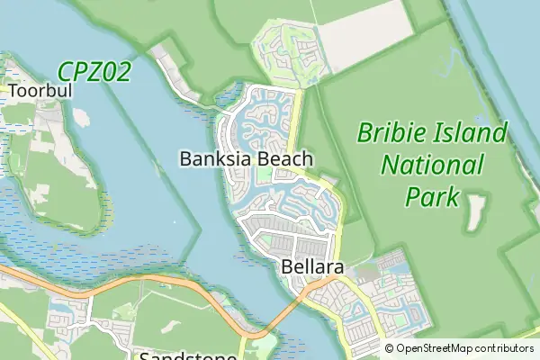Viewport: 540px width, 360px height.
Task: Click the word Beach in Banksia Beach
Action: pos(285,159)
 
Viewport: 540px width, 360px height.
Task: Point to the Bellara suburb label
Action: pos(311,266)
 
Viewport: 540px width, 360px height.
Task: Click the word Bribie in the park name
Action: pos(388,135)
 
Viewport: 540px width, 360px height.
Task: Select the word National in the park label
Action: pos(432,166)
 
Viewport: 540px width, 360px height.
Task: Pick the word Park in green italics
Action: pos(432,195)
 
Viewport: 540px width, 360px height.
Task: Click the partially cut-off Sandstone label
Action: pos(188,355)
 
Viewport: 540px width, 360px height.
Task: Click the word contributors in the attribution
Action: pos(506,348)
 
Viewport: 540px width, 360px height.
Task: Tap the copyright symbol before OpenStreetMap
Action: pos(390,348)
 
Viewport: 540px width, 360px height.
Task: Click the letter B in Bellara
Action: pos(287,266)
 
